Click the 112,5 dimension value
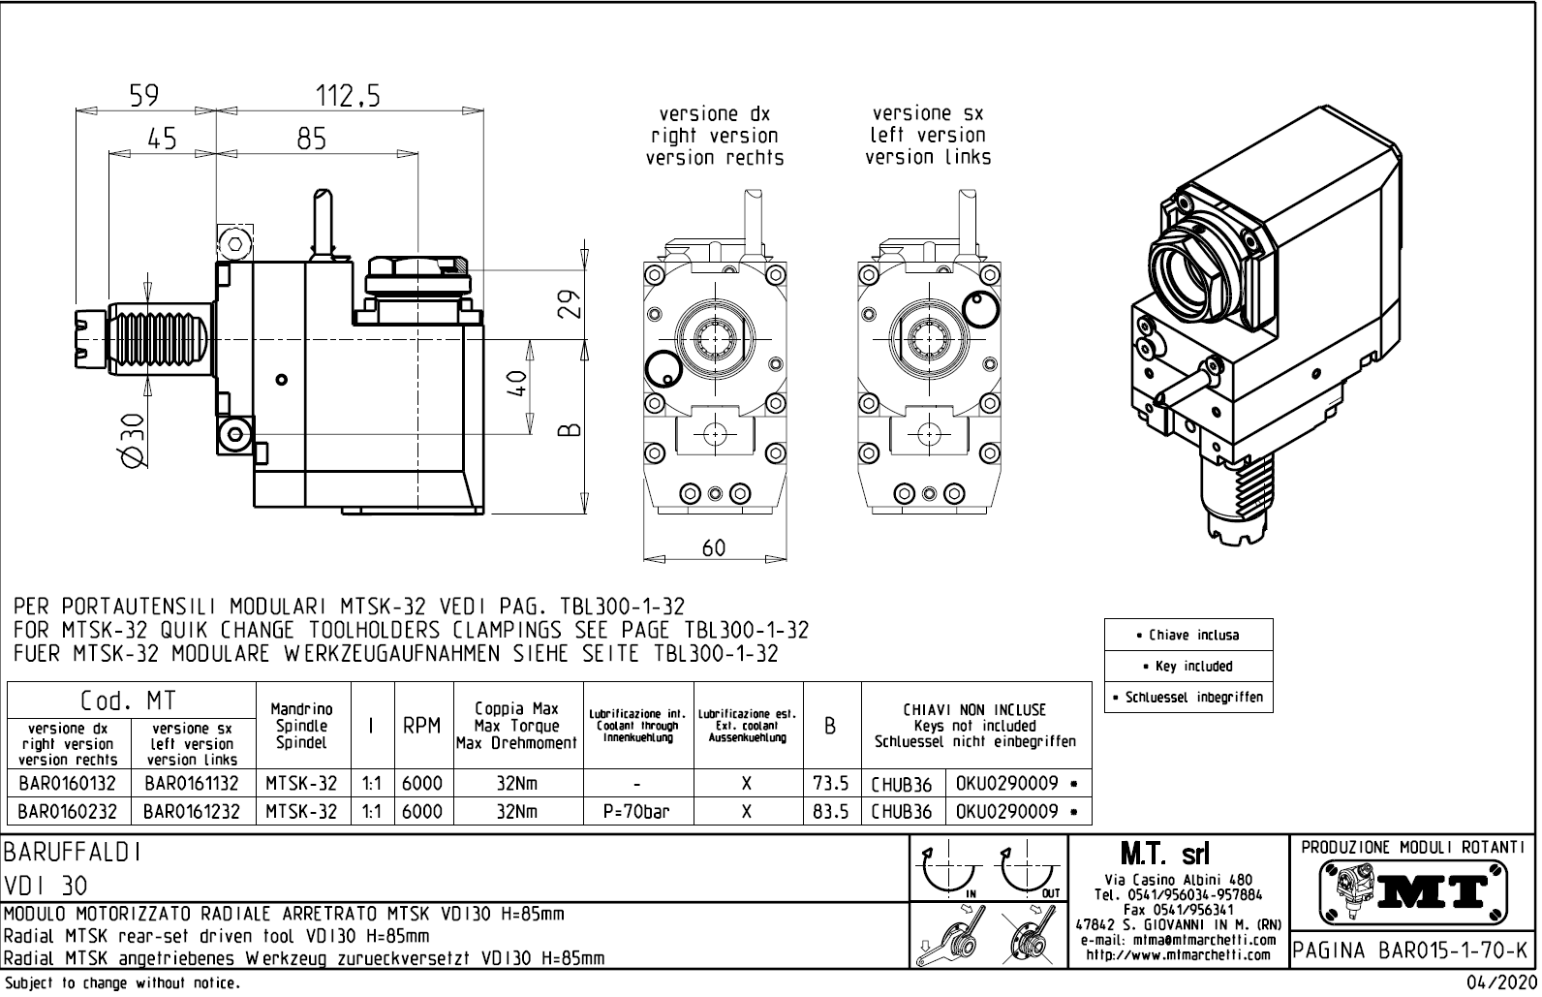(348, 96)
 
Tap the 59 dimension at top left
(144, 96)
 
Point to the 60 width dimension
(713, 547)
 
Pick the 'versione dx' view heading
(714, 114)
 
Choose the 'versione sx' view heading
(927, 113)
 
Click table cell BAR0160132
(67, 783)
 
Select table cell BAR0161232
(192, 811)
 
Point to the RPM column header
(421, 727)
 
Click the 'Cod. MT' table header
(129, 700)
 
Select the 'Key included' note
(1187, 667)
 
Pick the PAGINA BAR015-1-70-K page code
(1412, 950)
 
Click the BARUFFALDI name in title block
(73, 852)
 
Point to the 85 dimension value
(312, 140)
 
